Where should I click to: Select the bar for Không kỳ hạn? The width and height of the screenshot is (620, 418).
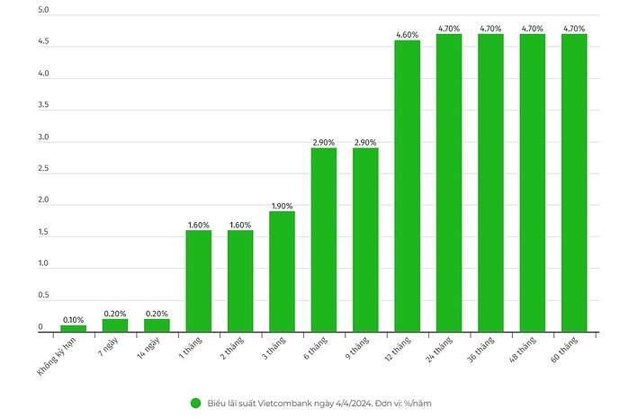coord(73,328)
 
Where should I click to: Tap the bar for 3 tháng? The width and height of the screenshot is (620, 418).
coord(282,271)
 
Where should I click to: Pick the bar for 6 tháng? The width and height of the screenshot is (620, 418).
coord(323,239)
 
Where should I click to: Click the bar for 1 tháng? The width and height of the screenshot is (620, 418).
coord(198,280)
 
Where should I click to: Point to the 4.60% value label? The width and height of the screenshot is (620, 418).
coord(407,35)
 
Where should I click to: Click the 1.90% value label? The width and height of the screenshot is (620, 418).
coord(282,206)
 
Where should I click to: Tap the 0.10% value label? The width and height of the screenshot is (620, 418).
coord(73,319)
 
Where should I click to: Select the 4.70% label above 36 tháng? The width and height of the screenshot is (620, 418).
coord(490,29)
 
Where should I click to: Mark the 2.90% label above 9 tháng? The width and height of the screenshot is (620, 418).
coord(365,142)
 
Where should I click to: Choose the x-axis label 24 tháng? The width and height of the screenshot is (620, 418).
coord(443,348)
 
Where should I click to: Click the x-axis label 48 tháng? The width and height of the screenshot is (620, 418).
coord(526,348)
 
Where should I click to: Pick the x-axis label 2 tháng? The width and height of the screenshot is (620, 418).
coord(235,347)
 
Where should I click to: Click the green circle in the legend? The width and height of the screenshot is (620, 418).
coord(195,403)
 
